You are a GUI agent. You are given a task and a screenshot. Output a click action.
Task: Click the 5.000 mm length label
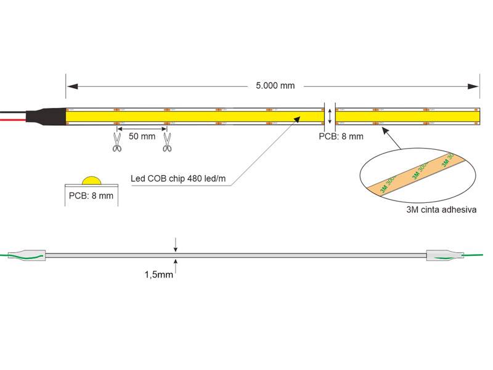click(x=275, y=86)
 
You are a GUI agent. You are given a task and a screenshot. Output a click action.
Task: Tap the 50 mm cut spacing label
click(x=142, y=136)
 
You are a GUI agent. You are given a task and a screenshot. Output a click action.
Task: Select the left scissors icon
click(x=116, y=142)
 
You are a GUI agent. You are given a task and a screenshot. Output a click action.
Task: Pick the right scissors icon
click(x=166, y=142)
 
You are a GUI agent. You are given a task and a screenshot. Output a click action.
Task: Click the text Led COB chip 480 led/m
click(x=178, y=179)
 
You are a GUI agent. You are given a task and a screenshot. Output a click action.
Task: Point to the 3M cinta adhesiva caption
click(x=441, y=210)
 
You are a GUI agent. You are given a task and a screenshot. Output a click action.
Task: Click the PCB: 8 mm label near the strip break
click(x=341, y=136)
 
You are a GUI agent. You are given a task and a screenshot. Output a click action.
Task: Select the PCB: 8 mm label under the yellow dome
click(x=91, y=196)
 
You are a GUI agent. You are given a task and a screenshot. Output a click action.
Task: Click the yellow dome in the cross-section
click(x=91, y=181)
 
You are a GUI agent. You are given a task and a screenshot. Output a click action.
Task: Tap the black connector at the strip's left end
click(x=46, y=116)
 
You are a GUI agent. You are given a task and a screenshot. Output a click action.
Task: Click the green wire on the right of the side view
click(x=475, y=255)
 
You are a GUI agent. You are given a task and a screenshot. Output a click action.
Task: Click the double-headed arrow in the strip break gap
click(x=330, y=115)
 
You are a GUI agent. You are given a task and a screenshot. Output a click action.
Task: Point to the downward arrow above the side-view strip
click(x=176, y=245)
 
